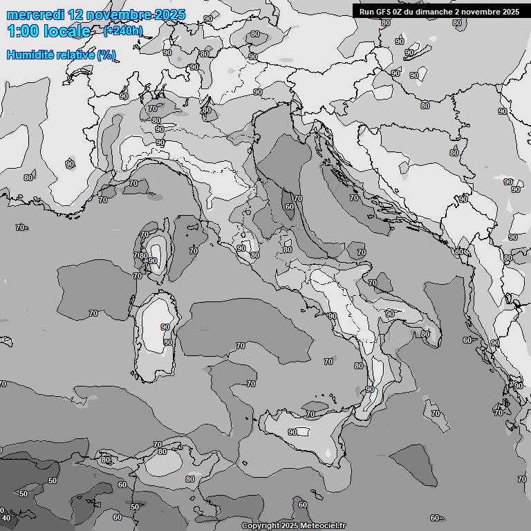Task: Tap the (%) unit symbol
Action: [x=106, y=55]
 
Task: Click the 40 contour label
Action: [x=6, y=518]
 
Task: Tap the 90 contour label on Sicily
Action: [x=292, y=432]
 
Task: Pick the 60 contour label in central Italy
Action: [x=289, y=207]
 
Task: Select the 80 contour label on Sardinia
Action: [x=167, y=342]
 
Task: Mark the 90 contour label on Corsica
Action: [x=153, y=261]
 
